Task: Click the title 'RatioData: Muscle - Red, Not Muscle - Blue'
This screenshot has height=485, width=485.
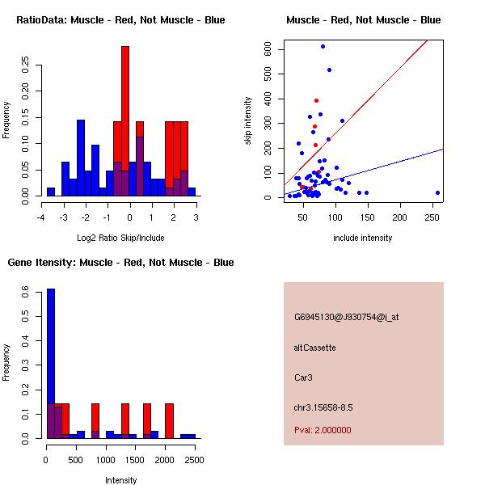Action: pyautogui.click(x=120, y=19)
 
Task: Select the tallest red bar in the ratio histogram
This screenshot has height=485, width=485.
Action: pyautogui.click(x=125, y=121)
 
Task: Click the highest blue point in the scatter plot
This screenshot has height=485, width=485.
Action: pyautogui.click(x=323, y=47)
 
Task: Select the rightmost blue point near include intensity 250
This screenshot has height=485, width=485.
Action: pyautogui.click(x=437, y=192)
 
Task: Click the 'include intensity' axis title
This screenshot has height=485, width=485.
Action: pyautogui.click(x=362, y=238)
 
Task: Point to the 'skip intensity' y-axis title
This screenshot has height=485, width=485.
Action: pyautogui.click(x=248, y=121)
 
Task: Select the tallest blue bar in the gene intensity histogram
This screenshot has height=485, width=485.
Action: pyautogui.click(x=51, y=363)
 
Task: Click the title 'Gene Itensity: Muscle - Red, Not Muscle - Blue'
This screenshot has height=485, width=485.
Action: pyautogui.click(x=120, y=263)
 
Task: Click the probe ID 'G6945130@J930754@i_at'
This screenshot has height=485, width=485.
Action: pyautogui.click(x=346, y=317)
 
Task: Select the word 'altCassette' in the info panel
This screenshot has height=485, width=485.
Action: pyautogui.click(x=314, y=348)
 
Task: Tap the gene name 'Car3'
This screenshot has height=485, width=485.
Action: pyautogui.click(x=303, y=377)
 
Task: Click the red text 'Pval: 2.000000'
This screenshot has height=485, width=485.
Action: pyautogui.click(x=323, y=430)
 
